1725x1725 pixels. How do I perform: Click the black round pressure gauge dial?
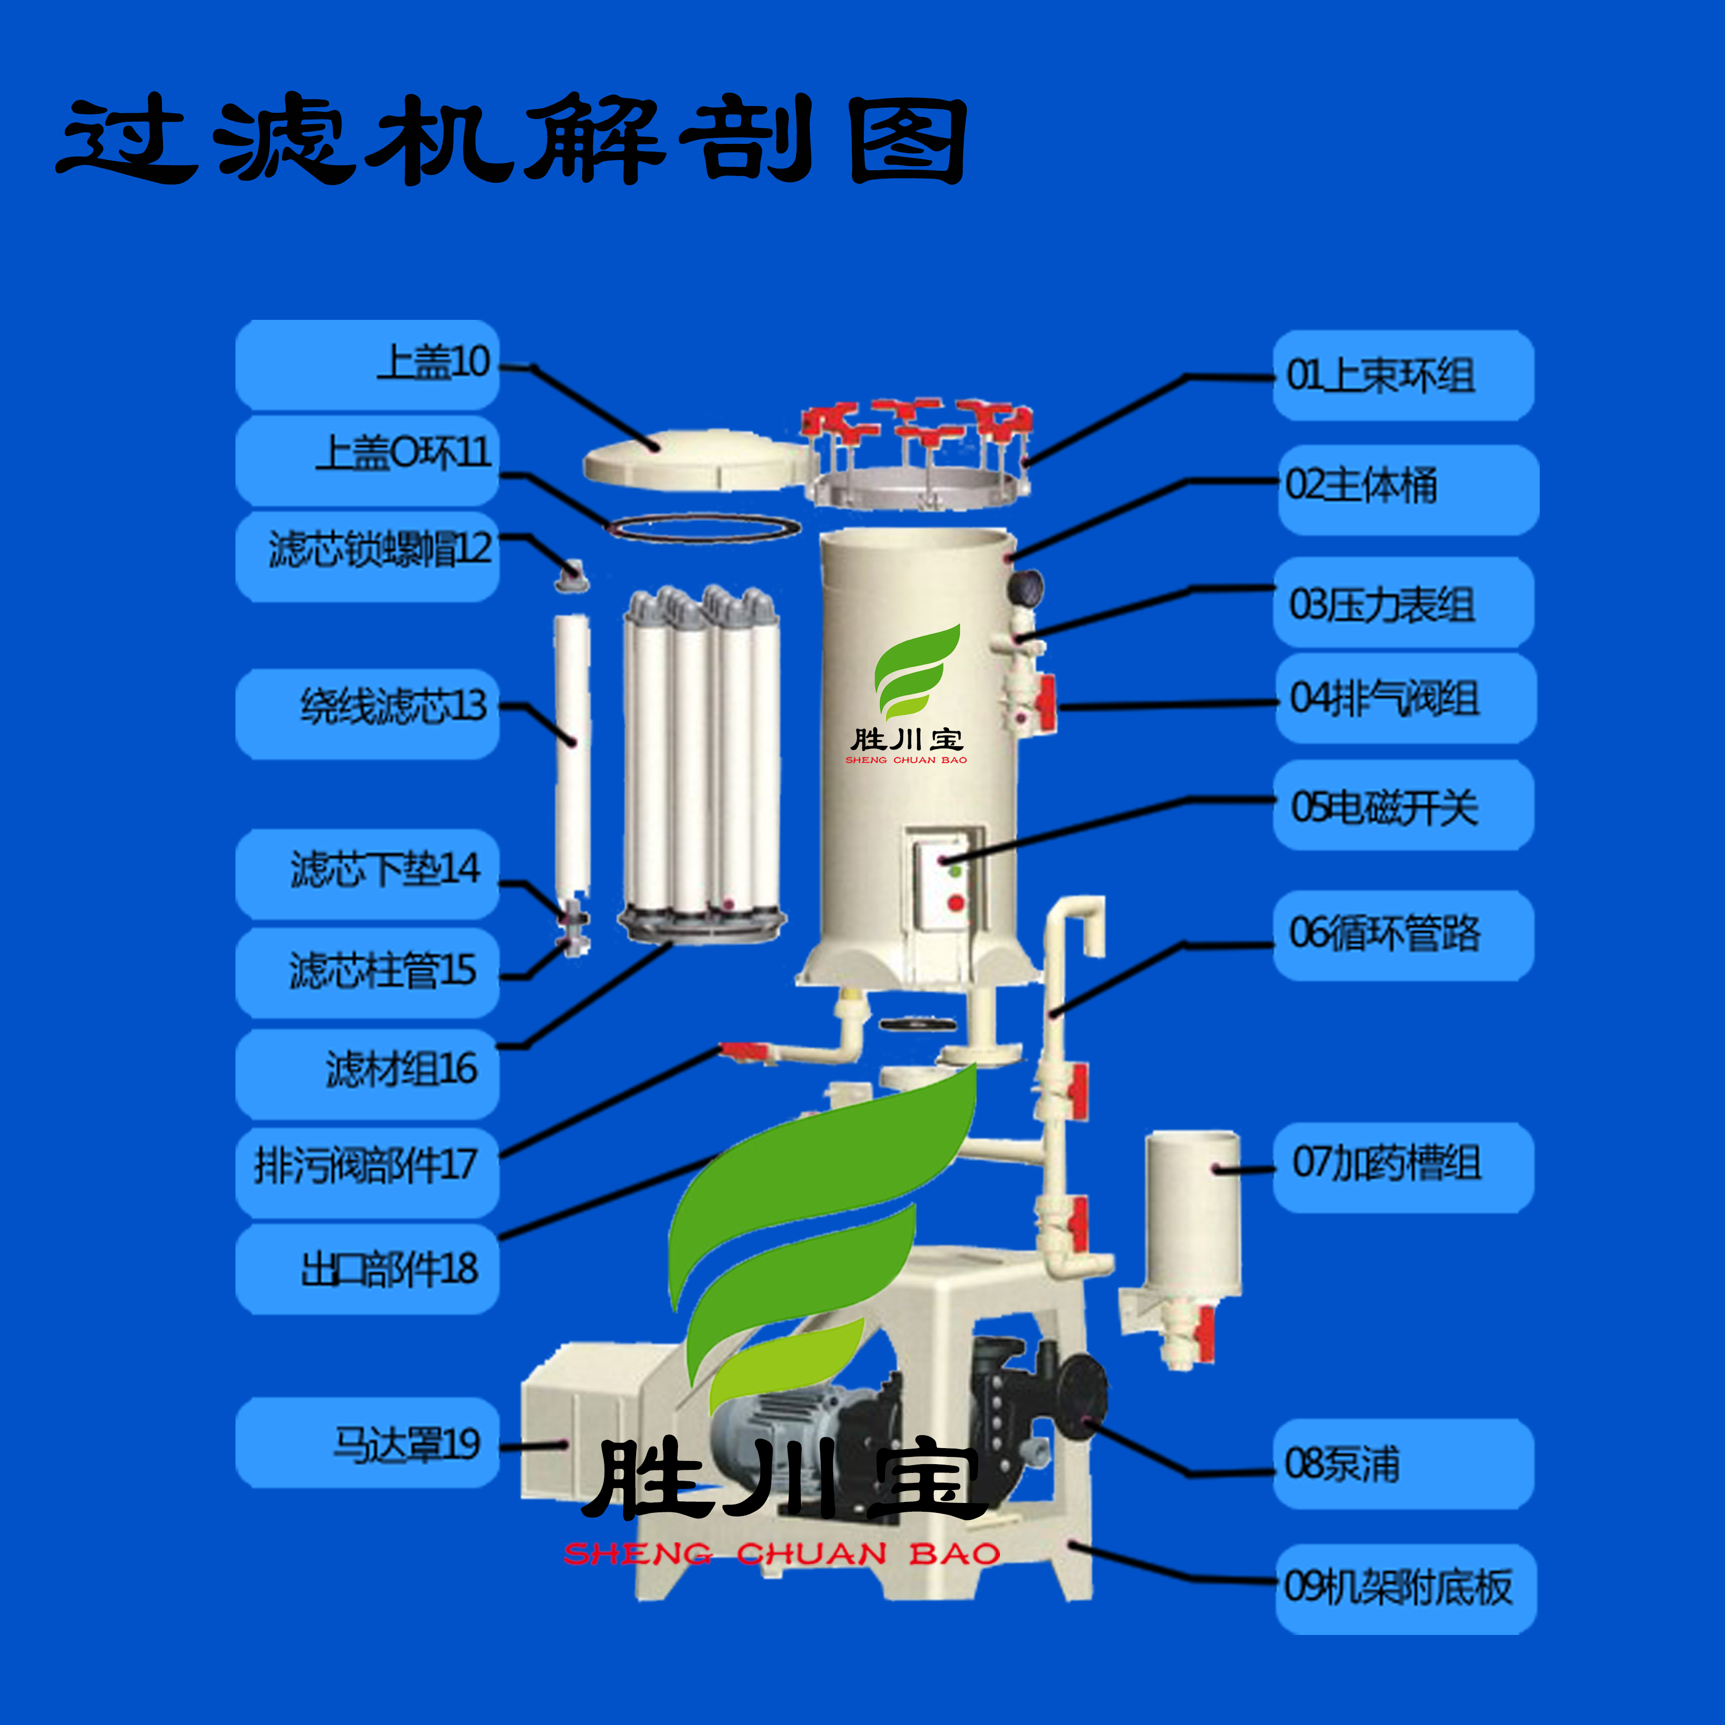tap(1025, 586)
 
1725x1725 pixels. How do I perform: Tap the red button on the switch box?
tap(956, 903)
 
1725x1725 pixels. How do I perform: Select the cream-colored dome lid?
tap(697, 460)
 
